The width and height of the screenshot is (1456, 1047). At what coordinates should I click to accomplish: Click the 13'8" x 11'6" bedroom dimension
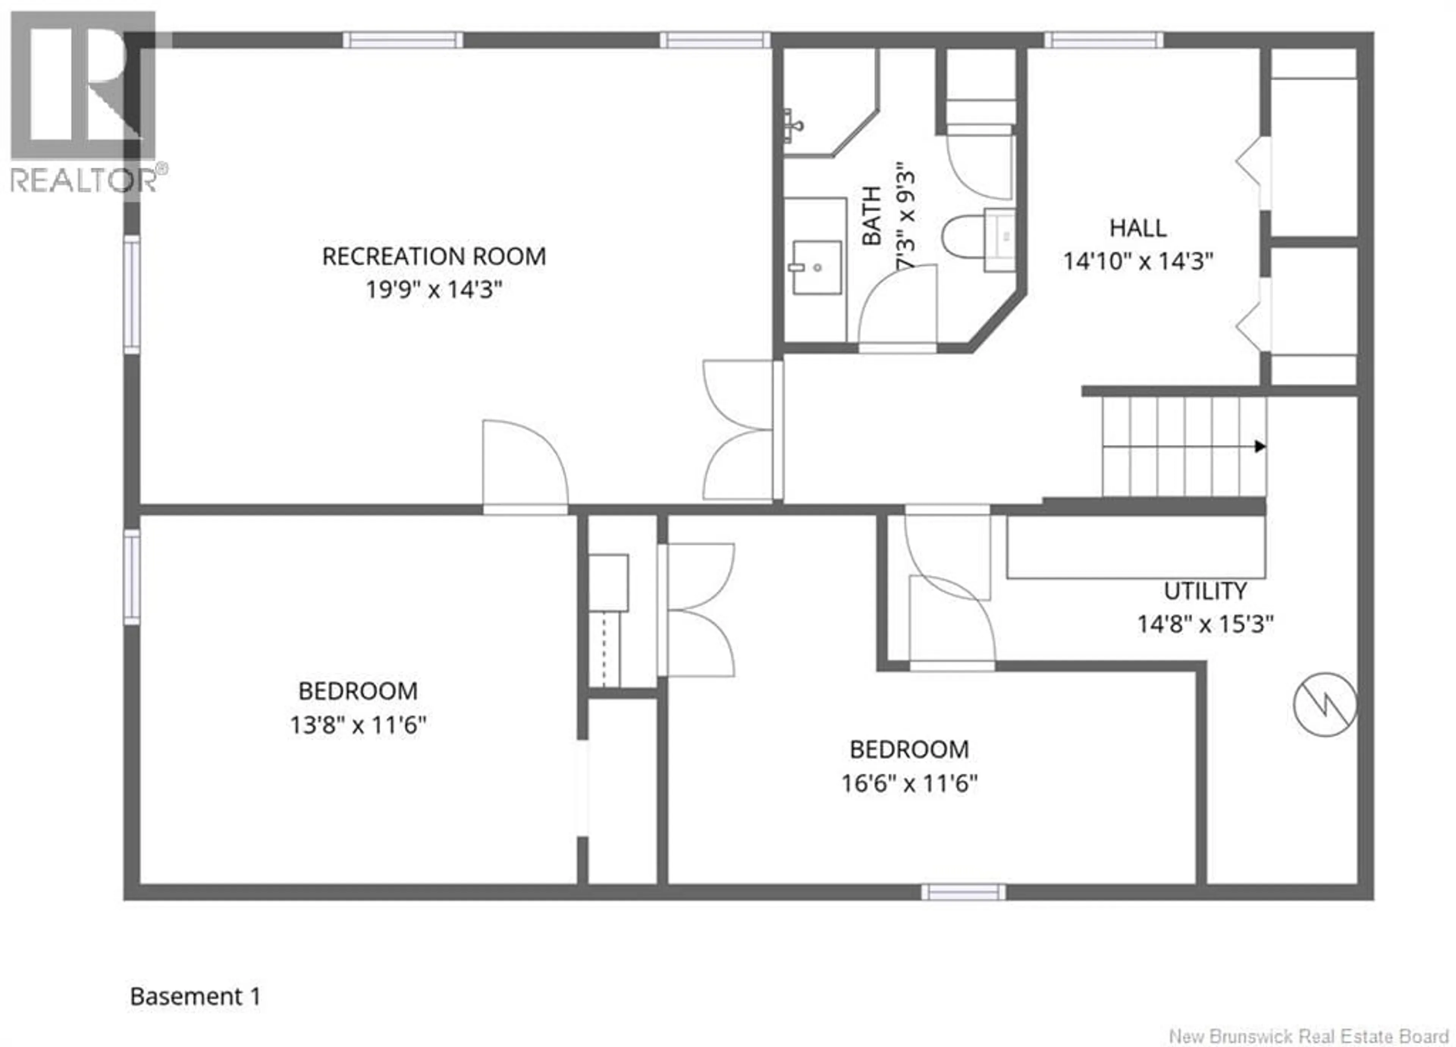(358, 725)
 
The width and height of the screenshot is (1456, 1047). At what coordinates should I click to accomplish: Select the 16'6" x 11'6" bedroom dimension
(909, 784)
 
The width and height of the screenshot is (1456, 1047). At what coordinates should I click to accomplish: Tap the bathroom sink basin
(817, 267)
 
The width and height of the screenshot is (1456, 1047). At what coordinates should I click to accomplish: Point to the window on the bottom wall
(963, 892)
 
